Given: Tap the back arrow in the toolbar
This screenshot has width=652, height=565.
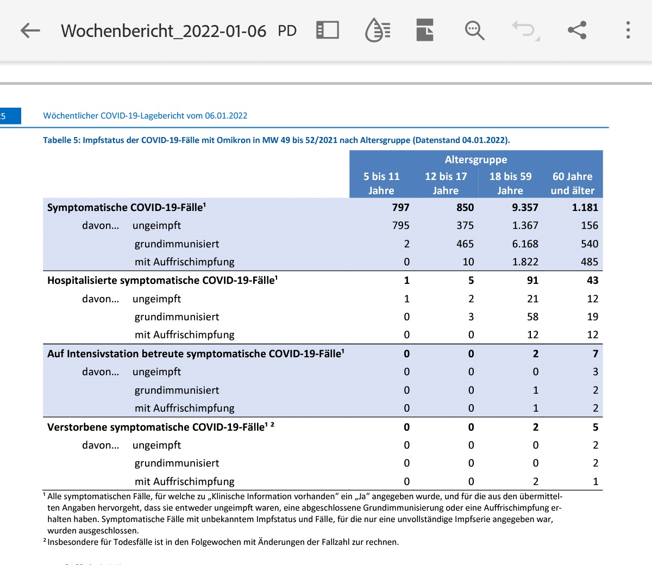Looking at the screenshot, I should point(30,30).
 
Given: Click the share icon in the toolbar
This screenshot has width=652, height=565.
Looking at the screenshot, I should point(577,30).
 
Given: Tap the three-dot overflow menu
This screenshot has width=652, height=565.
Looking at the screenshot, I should point(628,30).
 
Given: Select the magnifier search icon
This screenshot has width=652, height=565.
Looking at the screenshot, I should point(474,30).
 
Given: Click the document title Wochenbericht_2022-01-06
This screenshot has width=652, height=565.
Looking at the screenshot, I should point(164,31).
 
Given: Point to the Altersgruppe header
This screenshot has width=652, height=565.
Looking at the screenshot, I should point(476,160).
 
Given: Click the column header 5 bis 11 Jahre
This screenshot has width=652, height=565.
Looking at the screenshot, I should point(381,183).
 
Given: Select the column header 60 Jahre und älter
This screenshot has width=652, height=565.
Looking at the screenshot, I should point(572,183).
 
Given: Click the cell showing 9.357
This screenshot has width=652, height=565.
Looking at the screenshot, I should point(525,207).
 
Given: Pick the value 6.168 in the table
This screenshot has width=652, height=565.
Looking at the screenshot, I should point(525,244).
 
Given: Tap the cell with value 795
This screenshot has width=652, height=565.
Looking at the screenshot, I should point(401,226).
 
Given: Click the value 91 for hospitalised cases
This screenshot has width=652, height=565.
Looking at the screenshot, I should point(532,281).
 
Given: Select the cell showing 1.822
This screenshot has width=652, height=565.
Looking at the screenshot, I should point(525,262).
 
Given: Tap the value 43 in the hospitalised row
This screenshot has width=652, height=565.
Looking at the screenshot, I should point(592,281).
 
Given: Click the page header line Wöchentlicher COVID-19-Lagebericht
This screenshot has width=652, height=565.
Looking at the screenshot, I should point(145,116).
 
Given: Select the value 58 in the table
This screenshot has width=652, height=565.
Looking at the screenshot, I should point(532,317).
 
